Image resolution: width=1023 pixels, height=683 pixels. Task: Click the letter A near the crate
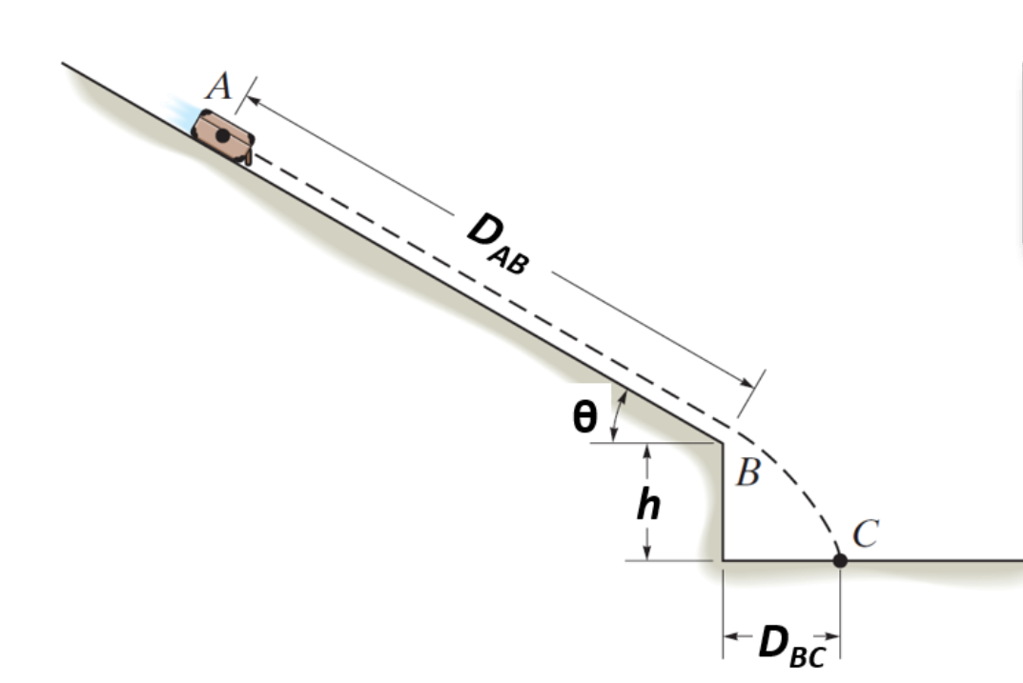pyautogui.click(x=219, y=87)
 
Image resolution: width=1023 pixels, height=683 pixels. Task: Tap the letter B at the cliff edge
pyautogui.click(x=747, y=472)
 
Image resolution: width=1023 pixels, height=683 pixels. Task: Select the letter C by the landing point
pyautogui.click(x=866, y=533)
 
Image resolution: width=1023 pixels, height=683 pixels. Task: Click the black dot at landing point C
pyautogui.click(x=840, y=560)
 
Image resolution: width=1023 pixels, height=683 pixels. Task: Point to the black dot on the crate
pyautogui.click(x=222, y=135)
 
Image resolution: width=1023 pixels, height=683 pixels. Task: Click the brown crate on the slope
pyautogui.click(x=222, y=137)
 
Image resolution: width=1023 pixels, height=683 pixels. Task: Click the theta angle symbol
pyautogui.click(x=583, y=417)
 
